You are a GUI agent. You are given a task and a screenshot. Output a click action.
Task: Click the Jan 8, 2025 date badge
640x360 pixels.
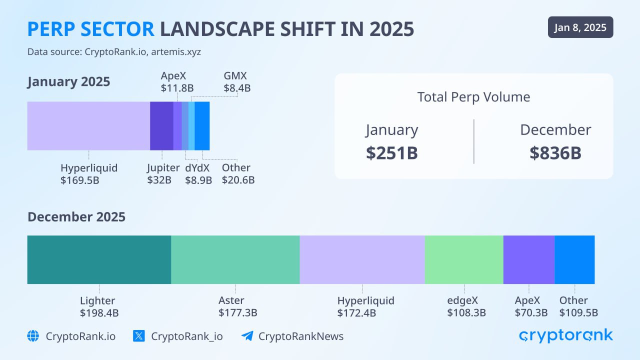tap(580, 27)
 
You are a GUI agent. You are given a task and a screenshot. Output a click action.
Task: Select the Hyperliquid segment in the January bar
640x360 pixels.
tap(88, 125)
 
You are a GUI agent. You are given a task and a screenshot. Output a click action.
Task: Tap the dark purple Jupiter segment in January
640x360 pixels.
tap(161, 125)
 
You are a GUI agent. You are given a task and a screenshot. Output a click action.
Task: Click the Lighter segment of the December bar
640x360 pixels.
tap(99, 259)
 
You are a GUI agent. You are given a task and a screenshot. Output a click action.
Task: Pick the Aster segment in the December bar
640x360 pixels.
tap(235, 259)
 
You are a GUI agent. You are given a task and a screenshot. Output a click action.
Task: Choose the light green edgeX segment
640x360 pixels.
tap(463, 259)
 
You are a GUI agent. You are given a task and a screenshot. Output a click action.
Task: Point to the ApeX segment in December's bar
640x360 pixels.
tap(528, 259)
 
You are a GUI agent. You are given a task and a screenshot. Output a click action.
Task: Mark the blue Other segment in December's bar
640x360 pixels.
tap(574, 259)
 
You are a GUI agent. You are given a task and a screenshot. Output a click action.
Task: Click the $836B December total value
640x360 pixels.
tap(555, 153)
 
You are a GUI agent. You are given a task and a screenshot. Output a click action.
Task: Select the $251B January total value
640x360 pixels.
tap(391, 153)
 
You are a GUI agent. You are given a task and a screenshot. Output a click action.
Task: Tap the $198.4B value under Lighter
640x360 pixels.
tap(99, 313)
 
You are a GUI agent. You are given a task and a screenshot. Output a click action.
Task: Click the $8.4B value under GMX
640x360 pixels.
tap(237, 88)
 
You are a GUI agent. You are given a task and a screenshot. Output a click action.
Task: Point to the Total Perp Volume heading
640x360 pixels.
tap(473, 96)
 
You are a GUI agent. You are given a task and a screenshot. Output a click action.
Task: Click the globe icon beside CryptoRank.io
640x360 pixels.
tap(33, 336)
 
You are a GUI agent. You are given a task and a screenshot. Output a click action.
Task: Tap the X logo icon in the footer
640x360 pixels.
tap(139, 336)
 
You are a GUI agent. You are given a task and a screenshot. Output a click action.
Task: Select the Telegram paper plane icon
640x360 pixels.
tap(247, 336)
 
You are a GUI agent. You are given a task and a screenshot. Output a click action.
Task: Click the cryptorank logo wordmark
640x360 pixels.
tap(565, 335)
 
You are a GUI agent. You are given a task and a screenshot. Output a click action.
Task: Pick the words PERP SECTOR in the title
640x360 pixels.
tap(90, 29)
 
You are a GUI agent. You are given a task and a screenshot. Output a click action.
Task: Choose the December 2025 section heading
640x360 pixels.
tap(76, 217)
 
